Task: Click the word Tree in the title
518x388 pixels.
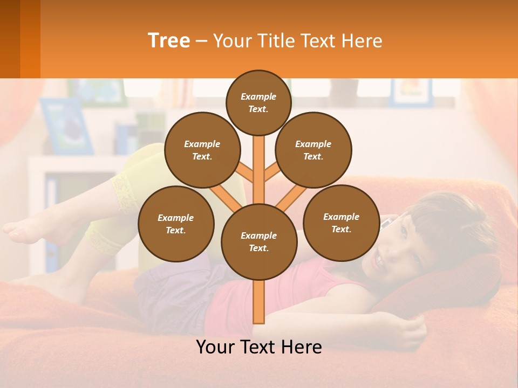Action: pos(169,41)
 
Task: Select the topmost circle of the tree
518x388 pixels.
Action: pos(258,102)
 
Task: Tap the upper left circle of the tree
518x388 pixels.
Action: pos(202,150)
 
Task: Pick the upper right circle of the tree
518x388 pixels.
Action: pos(313,150)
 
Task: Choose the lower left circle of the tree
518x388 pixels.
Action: pos(175,224)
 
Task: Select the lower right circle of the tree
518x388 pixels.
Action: pos(341,223)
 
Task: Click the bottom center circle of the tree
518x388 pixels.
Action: pos(258,241)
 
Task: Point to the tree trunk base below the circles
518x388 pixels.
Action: pos(259,304)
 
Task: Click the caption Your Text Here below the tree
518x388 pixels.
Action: pos(258,347)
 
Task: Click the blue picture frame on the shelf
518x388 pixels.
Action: pos(66,127)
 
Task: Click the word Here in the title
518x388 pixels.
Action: pos(362,41)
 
